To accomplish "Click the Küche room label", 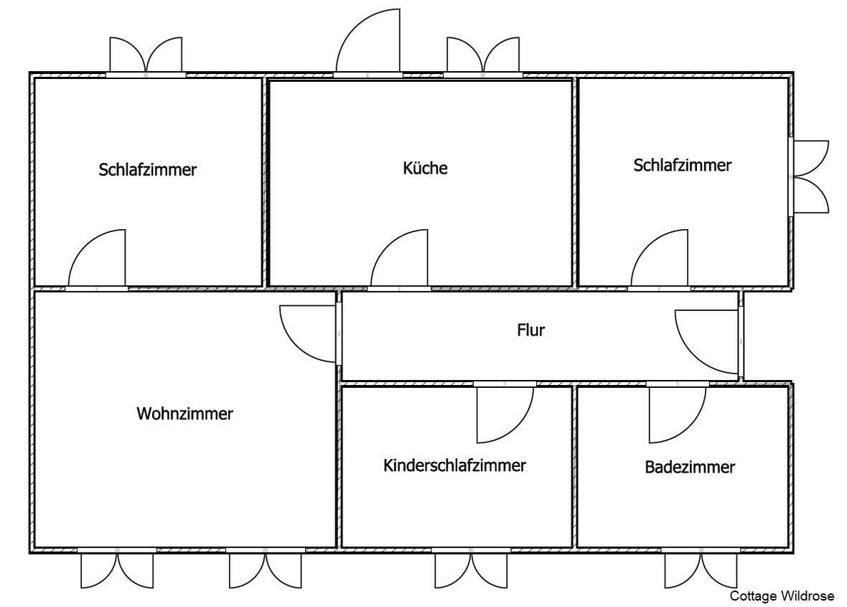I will click(425, 169).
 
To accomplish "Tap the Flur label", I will click(531, 330).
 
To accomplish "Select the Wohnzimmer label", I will click(184, 414).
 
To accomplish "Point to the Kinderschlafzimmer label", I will click(455, 465).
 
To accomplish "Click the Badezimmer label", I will click(690, 468).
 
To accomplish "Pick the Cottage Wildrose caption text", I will click(782, 596).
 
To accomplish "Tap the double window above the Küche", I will click(483, 57).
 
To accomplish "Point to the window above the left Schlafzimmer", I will click(146, 57).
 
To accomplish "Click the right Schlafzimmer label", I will click(682, 165).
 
